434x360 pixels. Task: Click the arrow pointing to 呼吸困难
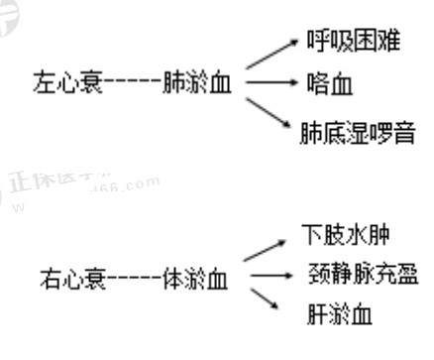coord(270,56)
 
